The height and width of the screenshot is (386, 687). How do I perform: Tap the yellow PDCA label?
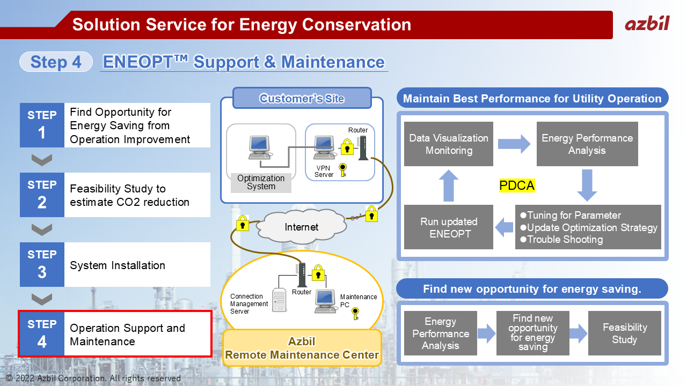tap(517, 185)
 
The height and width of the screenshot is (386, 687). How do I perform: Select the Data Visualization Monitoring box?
tap(448, 144)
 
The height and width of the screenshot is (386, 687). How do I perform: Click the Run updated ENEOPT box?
tap(448, 227)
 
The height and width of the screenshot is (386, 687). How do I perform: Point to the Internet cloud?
tap(302, 227)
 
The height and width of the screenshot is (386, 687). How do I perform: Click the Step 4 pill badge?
tap(56, 62)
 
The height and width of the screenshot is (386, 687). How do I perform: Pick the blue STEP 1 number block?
tap(42, 125)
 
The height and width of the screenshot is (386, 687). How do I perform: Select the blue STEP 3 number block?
tap(42, 264)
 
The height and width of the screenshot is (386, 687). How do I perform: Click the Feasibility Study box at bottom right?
tap(624, 333)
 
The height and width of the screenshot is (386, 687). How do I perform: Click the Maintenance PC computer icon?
tap(325, 301)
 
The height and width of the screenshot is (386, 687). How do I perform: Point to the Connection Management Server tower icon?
tap(279, 300)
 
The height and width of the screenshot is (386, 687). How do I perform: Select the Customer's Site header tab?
tap(302, 98)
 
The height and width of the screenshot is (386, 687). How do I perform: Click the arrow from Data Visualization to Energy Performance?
tap(514, 144)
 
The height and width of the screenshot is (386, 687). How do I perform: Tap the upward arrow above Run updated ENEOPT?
tap(449, 185)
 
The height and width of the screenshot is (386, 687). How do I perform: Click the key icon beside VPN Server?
tap(343, 170)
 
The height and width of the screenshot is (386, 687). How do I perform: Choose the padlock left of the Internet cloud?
tap(242, 223)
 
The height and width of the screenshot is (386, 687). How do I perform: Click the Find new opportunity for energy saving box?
tap(533, 333)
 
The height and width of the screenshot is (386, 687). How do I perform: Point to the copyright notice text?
tap(93, 378)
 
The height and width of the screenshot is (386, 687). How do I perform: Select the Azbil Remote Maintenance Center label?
tap(302, 348)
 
